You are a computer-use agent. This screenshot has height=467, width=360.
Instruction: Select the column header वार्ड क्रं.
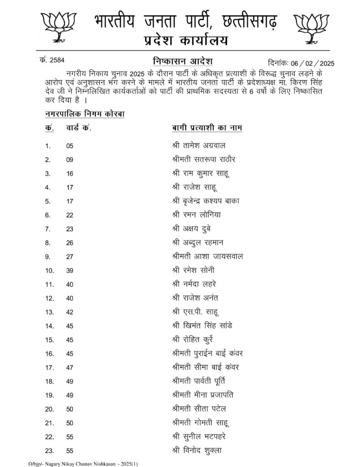pyautogui.click(x=79, y=127)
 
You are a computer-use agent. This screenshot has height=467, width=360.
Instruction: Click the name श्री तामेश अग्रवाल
pyautogui.click(x=196, y=145)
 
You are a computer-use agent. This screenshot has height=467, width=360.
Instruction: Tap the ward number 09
pyautogui.click(x=69, y=160)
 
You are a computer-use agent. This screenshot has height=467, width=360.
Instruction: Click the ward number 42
pyautogui.click(x=69, y=312)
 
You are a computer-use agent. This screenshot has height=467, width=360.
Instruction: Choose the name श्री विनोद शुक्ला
pyautogui.click(x=195, y=450)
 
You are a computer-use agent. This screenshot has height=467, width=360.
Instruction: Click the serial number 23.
pyautogui.click(x=49, y=451)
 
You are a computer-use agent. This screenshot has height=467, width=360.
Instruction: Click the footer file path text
pyautogui.click(x=77, y=463)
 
